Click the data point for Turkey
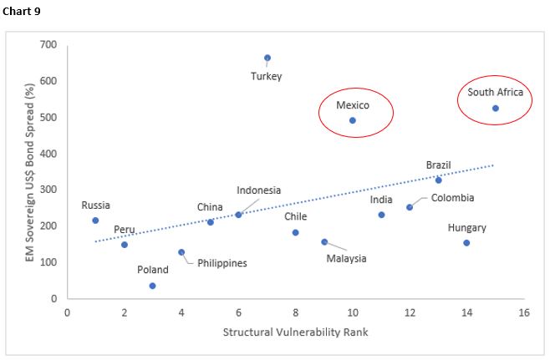(x=267, y=58)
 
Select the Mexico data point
(x=353, y=120)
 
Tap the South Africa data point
(x=496, y=109)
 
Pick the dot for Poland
(x=153, y=286)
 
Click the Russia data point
(x=95, y=221)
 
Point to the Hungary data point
(x=466, y=243)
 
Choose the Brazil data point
(x=438, y=180)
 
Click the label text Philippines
(x=222, y=263)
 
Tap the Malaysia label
(x=346, y=258)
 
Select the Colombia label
(x=452, y=198)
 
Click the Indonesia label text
(x=258, y=190)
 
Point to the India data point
(x=381, y=215)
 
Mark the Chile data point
(x=296, y=233)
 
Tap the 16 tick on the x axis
(x=523, y=314)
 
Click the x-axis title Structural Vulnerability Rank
(x=295, y=332)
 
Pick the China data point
(x=211, y=222)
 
